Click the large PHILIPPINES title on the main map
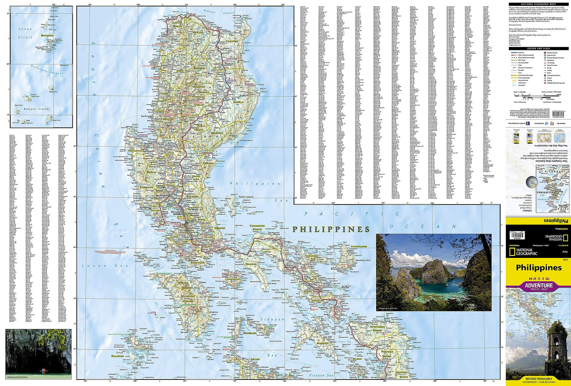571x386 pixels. (331, 229)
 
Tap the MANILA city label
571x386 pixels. (178, 215)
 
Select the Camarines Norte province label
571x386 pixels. (257, 227)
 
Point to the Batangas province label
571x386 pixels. (198, 263)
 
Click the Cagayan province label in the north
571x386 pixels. (231, 41)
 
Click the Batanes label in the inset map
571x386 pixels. (47, 35)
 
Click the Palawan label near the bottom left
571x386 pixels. (117, 356)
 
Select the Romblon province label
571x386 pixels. (250, 333)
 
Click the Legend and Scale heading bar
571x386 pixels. (538, 48)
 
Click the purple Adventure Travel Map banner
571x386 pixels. (538, 286)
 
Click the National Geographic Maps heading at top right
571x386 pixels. (538, 4)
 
